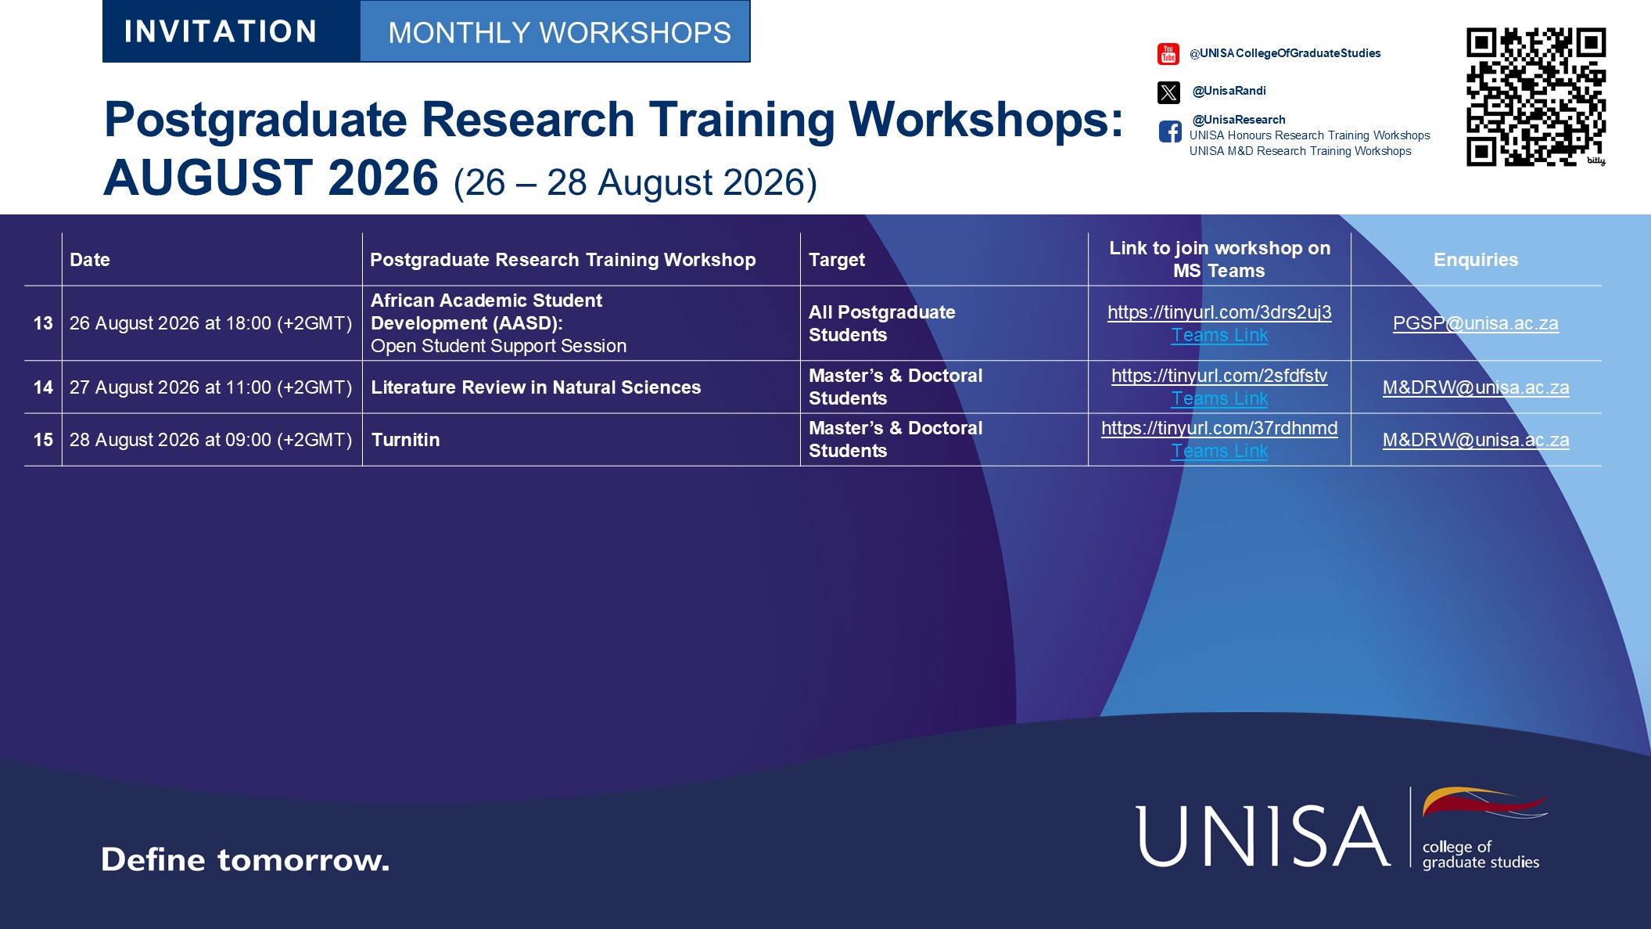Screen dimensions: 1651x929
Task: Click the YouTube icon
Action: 1168,54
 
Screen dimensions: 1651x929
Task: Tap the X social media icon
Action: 1168,92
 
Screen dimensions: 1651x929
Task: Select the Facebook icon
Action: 1170,131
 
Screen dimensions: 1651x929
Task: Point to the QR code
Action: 1536,97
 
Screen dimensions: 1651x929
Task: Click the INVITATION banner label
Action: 221,31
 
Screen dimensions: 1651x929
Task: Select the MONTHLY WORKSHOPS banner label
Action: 559,33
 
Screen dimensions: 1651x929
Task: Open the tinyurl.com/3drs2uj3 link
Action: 1219,312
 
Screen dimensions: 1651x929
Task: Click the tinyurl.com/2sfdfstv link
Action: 1219,376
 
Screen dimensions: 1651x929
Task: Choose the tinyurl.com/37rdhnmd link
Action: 1219,428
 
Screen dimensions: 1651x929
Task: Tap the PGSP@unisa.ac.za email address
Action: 1476,323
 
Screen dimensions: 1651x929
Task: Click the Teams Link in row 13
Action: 1219,335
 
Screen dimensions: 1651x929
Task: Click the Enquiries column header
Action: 1476,260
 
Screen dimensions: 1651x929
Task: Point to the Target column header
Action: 837,260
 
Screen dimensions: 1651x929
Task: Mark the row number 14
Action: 43,387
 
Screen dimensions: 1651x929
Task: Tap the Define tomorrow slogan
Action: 245,859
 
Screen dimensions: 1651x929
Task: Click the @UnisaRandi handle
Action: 1229,91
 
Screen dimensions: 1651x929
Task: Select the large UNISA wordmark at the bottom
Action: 1262,836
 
